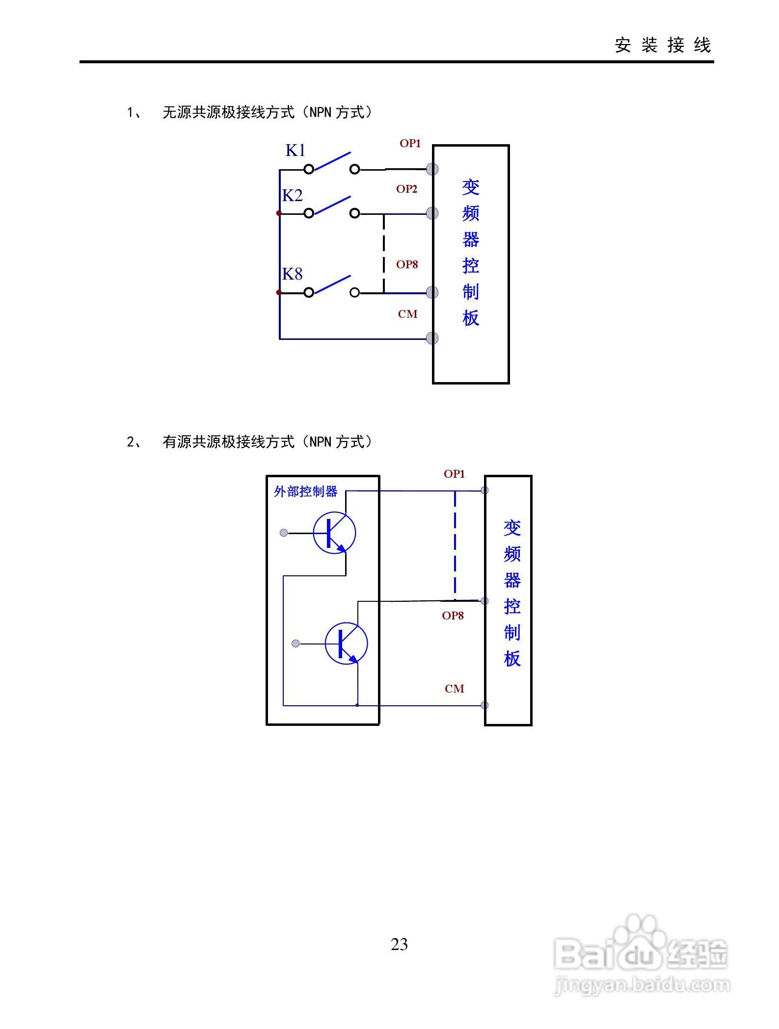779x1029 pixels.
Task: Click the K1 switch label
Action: click(295, 150)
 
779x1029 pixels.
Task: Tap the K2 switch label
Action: click(292, 195)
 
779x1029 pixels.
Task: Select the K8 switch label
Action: click(292, 274)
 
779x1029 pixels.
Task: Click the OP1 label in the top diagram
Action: click(410, 143)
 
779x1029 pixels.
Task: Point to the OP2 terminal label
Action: click(406, 189)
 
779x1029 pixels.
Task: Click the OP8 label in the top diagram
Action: click(407, 264)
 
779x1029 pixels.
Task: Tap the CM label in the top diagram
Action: click(407, 314)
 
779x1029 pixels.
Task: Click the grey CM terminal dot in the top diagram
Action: click(432, 338)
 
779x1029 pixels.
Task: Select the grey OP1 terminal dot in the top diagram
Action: click(432, 169)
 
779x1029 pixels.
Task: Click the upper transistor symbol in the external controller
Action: click(334, 533)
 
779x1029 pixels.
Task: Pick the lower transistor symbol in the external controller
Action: click(346, 643)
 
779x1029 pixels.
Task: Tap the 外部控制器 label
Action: click(305, 491)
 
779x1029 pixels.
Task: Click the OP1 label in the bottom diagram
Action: click(454, 474)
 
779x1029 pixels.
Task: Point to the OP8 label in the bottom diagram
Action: click(453, 616)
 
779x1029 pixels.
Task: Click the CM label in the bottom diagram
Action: click(454, 689)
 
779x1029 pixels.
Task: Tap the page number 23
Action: click(399, 945)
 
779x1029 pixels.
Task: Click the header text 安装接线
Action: click(663, 45)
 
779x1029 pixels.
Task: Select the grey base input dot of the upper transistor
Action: click(284, 533)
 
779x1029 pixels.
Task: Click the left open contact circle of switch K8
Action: click(309, 293)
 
